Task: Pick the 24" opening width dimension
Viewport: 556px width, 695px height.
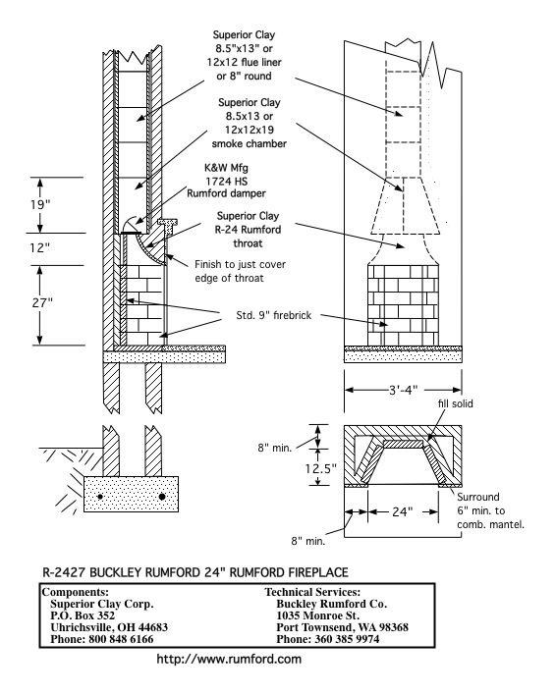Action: (400, 511)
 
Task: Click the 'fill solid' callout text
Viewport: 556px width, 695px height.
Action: (456, 402)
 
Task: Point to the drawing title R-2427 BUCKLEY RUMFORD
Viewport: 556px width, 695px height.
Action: (195, 571)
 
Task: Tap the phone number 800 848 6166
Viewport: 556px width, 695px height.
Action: (101, 637)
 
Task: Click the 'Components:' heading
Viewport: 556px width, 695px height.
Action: (76, 593)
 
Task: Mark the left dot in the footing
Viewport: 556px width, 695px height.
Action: (99, 498)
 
